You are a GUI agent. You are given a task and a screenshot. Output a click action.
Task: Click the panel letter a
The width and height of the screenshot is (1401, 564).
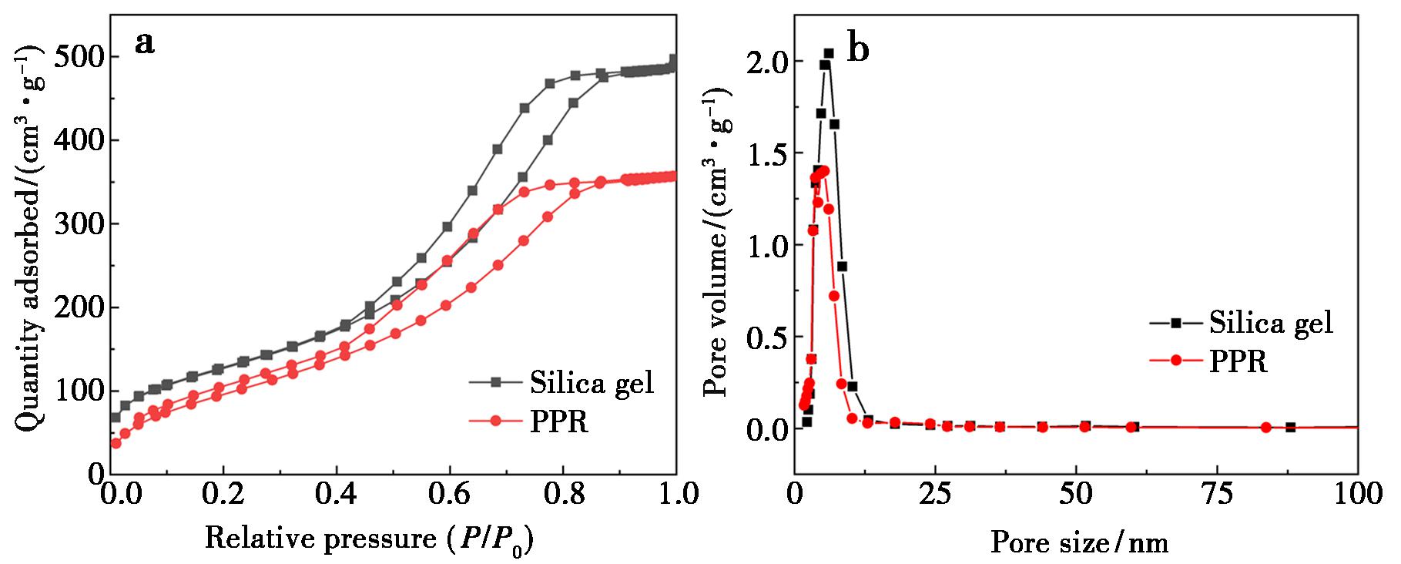144,42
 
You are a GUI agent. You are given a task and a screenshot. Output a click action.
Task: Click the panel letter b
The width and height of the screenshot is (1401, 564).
857,49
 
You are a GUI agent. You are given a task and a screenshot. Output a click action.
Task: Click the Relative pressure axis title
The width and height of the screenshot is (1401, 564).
370,539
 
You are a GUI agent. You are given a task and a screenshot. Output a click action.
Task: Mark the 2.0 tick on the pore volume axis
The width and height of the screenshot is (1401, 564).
768,62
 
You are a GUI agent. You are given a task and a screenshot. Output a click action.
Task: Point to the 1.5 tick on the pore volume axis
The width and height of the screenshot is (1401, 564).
768,153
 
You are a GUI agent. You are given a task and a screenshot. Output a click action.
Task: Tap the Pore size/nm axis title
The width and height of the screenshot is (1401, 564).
1079,542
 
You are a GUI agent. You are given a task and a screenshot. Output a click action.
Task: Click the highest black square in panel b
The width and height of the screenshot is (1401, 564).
829,53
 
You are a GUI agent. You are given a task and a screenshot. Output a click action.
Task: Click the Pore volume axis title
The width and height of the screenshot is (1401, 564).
717,242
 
